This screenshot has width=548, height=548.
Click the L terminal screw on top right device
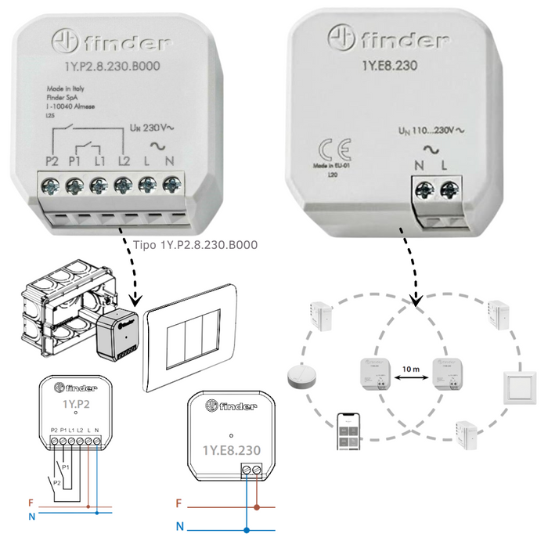point(449,189)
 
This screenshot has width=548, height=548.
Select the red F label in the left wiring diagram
point(31,503)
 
